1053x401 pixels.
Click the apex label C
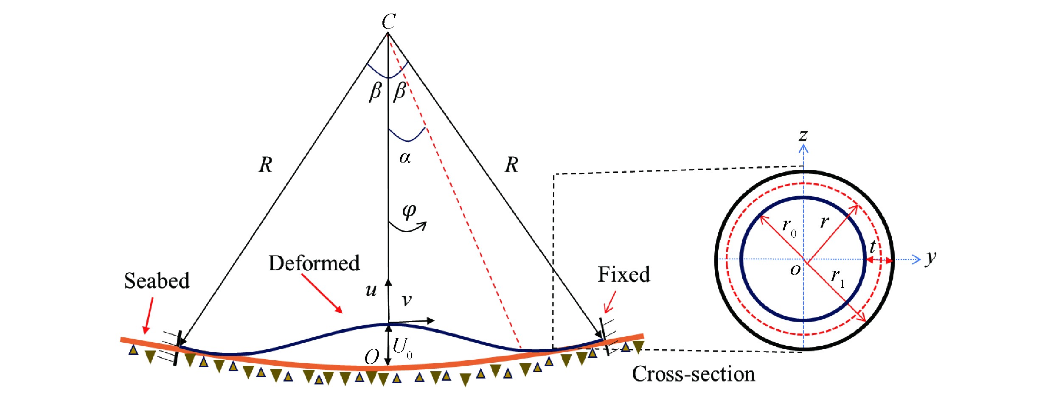pos(389,21)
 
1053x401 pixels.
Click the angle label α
pos(405,158)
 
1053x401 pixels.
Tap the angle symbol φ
pos(409,210)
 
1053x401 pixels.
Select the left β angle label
pos(375,91)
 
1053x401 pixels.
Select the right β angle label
pos(400,91)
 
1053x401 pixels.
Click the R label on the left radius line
pos(266,165)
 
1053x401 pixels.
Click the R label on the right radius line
pos(511,165)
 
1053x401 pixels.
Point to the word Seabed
pos(157,281)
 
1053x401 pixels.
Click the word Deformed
pos(314,263)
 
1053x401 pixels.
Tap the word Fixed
pos(623,275)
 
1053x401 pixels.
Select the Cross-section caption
pos(693,374)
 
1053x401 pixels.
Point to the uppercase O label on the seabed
pos(372,357)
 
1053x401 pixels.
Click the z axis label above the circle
pos(803,136)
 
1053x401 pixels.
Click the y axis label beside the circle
pos(930,258)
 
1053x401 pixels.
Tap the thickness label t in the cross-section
pos(873,247)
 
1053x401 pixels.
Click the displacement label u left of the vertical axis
pos(371,290)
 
